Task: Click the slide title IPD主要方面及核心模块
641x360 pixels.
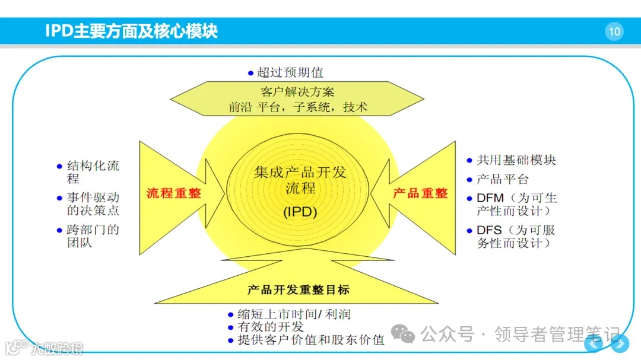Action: point(132,31)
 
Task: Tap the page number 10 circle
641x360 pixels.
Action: point(614,31)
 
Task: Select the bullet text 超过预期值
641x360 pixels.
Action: point(290,73)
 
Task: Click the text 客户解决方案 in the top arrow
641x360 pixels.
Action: point(297,92)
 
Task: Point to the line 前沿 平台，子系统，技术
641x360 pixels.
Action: point(298,107)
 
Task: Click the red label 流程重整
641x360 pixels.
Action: point(174,193)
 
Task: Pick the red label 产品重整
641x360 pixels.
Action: point(420,193)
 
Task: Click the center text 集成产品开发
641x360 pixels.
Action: point(300,173)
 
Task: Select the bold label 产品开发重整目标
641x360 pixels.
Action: point(299,290)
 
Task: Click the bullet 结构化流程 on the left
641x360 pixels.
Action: point(93,171)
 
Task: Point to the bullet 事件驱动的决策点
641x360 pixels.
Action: point(93,204)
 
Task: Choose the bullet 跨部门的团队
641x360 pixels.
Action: point(93,235)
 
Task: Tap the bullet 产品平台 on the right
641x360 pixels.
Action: point(502,179)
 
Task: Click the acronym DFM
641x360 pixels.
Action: point(490,198)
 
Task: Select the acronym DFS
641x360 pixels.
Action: point(490,230)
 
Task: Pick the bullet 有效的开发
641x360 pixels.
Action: point(271,327)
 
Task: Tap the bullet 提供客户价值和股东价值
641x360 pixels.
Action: point(311,340)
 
